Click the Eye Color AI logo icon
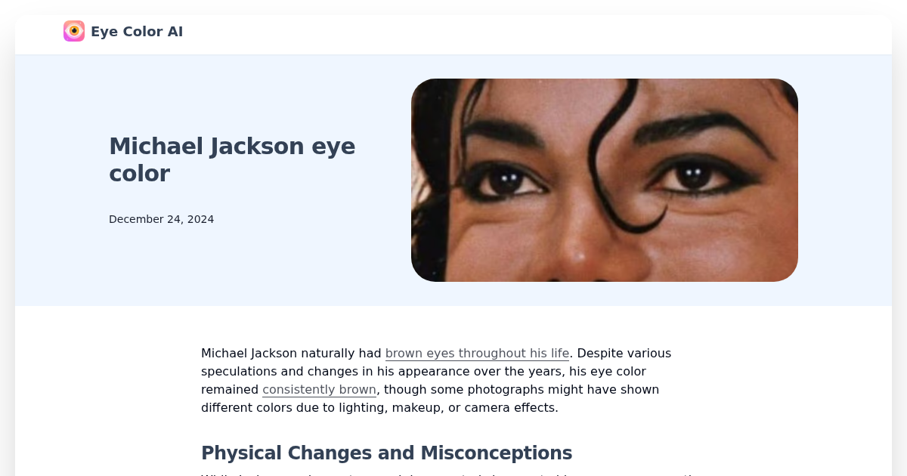coord(74,31)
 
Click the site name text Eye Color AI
coord(137,32)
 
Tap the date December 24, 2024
coord(161,219)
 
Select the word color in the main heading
coord(139,173)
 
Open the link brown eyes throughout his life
coord(477,353)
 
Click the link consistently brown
coord(319,389)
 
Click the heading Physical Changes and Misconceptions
coord(386,453)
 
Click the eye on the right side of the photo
coord(692,175)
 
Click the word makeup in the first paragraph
coord(450,407)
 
